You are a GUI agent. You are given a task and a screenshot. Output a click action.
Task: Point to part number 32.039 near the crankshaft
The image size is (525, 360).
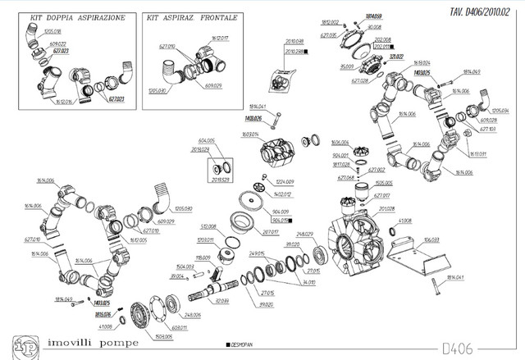(x=222, y=302)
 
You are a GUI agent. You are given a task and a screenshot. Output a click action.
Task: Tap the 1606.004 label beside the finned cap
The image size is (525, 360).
(x=340, y=142)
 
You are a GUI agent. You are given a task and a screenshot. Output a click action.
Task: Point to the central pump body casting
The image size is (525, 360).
(x=357, y=238)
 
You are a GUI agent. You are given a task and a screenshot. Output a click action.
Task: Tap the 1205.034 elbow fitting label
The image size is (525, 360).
(x=499, y=110)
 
